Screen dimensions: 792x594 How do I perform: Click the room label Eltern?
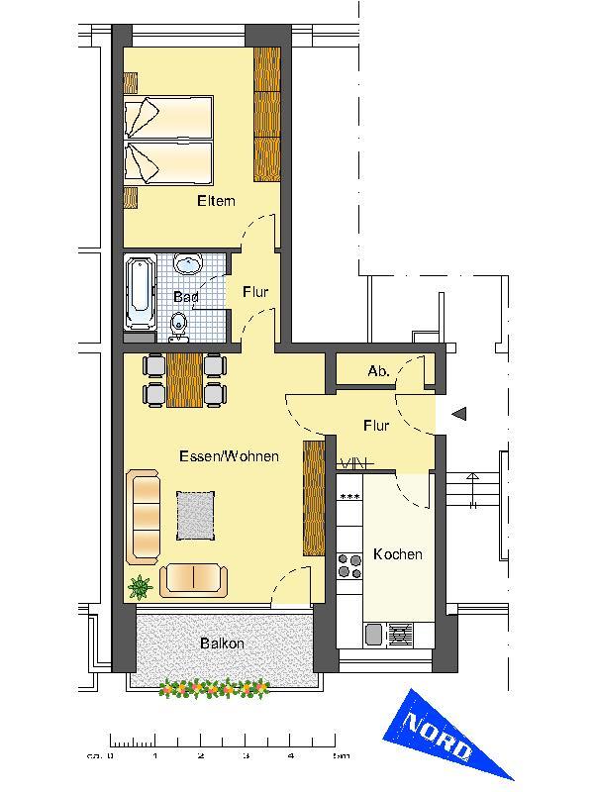216,201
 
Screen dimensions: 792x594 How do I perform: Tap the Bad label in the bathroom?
186,296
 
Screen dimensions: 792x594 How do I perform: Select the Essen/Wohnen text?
229,456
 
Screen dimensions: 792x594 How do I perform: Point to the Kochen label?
398,554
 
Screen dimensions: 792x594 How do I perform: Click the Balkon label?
222,643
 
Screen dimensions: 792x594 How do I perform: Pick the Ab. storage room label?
377,371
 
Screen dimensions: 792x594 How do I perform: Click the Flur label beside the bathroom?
255,292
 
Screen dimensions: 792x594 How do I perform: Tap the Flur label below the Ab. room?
376,426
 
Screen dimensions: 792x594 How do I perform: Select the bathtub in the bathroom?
140,292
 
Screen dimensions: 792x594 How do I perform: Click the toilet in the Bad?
178,324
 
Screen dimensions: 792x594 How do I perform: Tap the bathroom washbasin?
187,264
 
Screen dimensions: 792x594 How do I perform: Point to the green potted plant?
140,587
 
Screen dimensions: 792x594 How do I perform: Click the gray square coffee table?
197,514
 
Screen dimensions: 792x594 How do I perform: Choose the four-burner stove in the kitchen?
349,565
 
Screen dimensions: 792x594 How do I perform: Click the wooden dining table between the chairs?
185,380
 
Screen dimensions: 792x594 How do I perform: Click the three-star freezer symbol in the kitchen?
348,496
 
